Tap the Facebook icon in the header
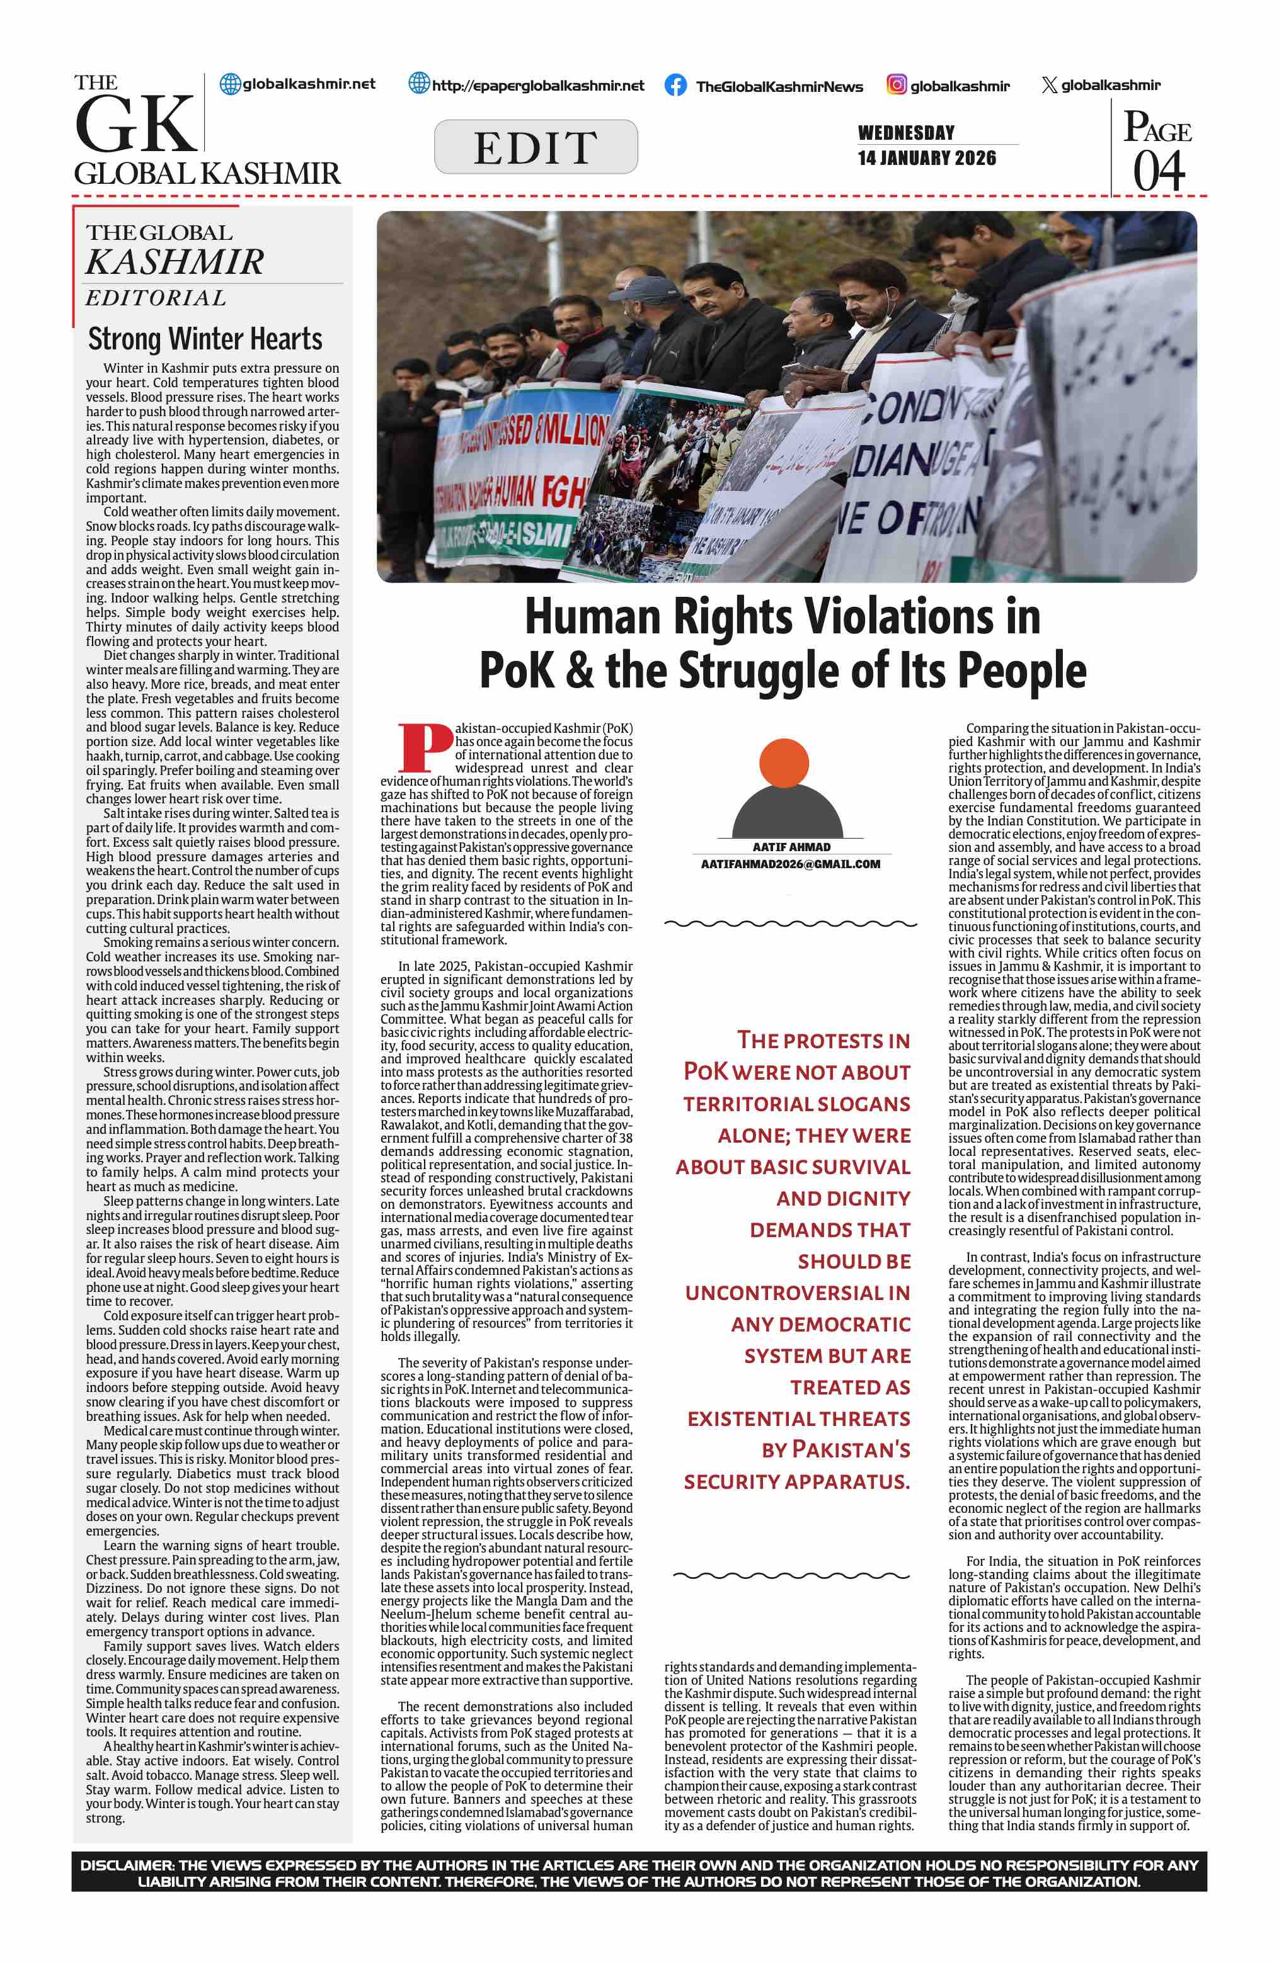(x=675, y=86)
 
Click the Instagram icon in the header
(x=896, y=84)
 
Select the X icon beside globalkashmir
(x=1049, y=85)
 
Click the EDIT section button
(x=536, y=147)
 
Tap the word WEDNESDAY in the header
(x=906, y=133)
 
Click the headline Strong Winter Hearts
(x=205, y=339)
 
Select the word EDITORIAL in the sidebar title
(x=156, y=298)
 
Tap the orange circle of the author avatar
(x=783, y=763)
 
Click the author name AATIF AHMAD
(x=791, y=847)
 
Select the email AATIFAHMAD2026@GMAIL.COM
(x=791, y=864)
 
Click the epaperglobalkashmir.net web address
(x=537, y=86)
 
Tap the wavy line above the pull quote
(x=791, y=924)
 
